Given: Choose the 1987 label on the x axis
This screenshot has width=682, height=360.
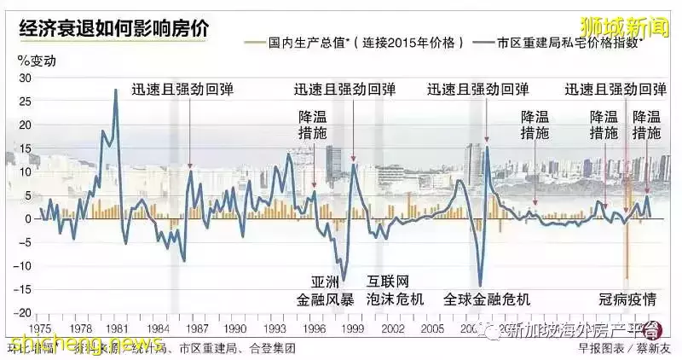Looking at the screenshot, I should coord(197,328).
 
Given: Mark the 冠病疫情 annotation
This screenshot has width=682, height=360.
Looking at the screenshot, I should coord(626,299).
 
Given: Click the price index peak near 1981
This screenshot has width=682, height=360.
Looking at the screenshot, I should coord(116,90).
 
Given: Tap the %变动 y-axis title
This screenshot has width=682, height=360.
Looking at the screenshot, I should coord(37,61).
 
